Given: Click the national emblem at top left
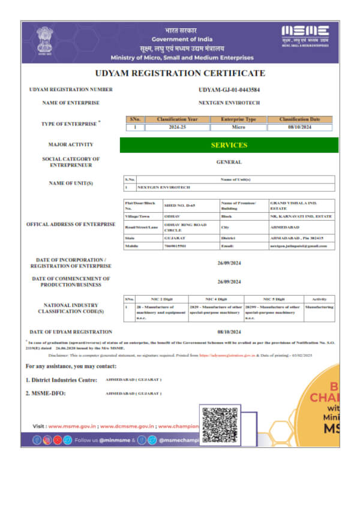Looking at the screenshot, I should tap(44, 40).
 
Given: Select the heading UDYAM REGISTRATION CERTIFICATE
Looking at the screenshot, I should tap(180, 73).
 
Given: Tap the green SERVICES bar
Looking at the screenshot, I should tap(229, 145).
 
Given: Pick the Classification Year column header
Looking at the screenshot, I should tap(176, 119).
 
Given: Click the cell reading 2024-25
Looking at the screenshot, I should tap(176, 127).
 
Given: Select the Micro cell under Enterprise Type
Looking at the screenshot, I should tap(238, 127).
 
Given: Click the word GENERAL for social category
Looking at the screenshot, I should tap(229, 162).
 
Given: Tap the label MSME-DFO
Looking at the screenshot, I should tap(46, 393).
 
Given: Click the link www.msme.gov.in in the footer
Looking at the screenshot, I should tap(72, 426).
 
